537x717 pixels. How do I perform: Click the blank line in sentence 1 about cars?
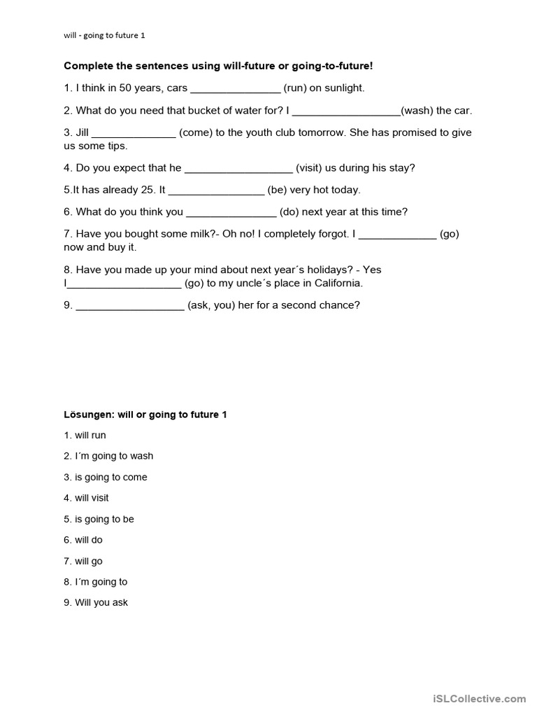235,89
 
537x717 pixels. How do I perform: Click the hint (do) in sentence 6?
289,211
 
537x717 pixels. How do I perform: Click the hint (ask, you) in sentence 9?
212,305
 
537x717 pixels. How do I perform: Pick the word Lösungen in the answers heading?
89,415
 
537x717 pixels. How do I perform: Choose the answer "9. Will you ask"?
96,603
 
